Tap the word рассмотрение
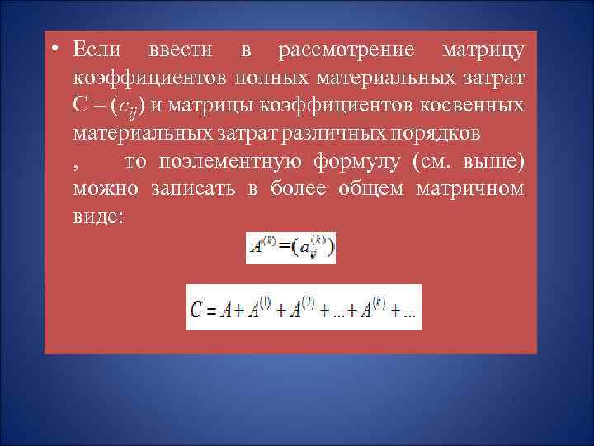tap(346, 50)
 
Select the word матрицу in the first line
tap(483, 50)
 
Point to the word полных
tap(271, 78)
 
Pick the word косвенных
tap(473, 105)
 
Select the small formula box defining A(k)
tap(290, 248)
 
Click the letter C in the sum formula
tap(196, 310)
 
